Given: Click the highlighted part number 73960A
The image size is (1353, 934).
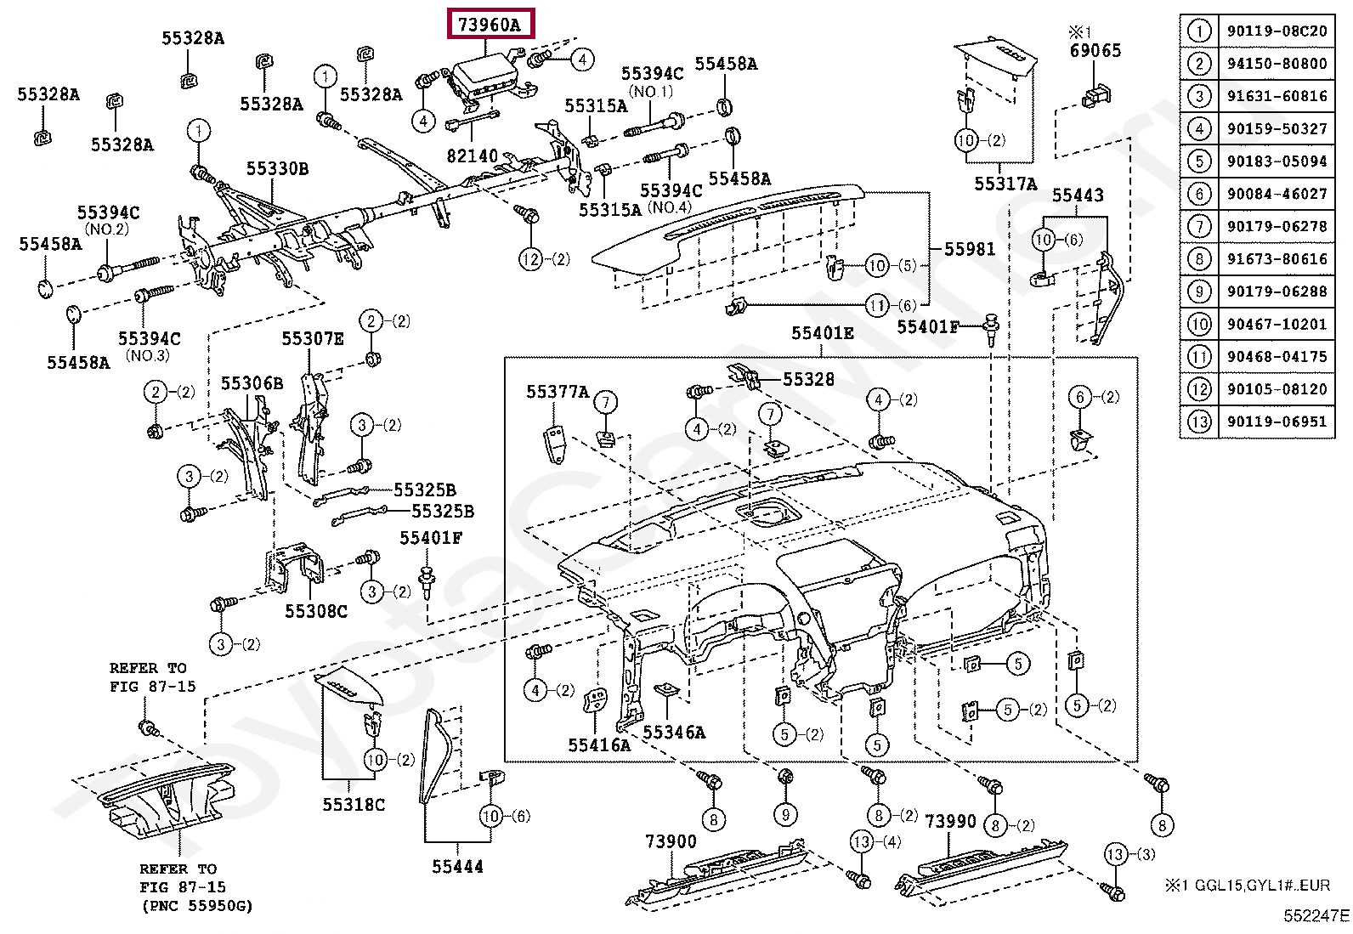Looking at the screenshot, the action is click(490, 24).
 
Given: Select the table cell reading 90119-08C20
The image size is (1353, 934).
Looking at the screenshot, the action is click(1277, 31).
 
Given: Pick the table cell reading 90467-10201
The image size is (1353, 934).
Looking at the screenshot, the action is click(1277, 324).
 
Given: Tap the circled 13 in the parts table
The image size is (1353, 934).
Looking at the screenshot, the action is click(1199, 422).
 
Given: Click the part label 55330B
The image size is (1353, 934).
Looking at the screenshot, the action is click(277, 168).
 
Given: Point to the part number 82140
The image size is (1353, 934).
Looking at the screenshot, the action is click(473, 156).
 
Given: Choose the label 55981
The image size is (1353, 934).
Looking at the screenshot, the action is click(969, 249).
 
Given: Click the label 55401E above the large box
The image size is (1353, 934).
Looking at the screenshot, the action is click(822, 333).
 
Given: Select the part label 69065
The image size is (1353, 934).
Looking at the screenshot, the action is click(1095, 50).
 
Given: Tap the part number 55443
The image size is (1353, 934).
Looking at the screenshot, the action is click(1078, 195).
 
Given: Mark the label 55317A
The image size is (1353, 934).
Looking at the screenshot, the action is click(1005, 183).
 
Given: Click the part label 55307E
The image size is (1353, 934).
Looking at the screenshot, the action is click(312, 339).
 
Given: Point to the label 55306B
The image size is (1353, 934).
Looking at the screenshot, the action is click(252, 383).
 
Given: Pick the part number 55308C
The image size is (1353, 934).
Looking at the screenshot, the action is click(316, 611).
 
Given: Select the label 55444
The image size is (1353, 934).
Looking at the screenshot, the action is click(457, 867).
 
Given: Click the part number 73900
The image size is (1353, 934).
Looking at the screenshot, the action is click(671, 841).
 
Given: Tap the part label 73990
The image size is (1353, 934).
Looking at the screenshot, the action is click(950, 821).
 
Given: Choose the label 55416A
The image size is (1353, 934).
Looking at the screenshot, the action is click(599, 744).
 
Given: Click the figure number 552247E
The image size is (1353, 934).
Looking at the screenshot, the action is click(1316, 916).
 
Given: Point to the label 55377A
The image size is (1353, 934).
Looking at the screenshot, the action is click(558, 392).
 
